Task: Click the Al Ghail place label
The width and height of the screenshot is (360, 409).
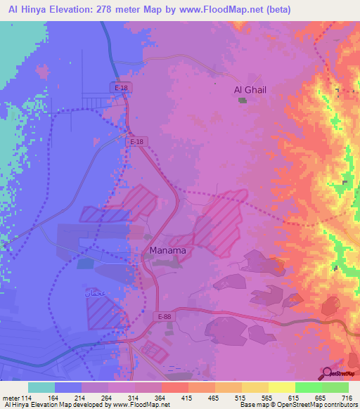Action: point(250,90)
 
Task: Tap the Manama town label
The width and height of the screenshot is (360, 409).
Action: point(168,250)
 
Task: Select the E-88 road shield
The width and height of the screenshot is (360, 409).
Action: point(165,317)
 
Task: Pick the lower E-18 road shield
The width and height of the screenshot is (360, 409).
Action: point(136,141)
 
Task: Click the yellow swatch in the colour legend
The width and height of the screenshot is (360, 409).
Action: point(281,387)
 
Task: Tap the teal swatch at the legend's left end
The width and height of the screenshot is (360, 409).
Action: point(41,387)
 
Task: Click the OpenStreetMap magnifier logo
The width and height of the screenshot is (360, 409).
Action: point(328,372)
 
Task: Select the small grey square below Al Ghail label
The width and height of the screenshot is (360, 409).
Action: point(243,100)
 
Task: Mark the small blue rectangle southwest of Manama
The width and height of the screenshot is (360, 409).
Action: point(85,263)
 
